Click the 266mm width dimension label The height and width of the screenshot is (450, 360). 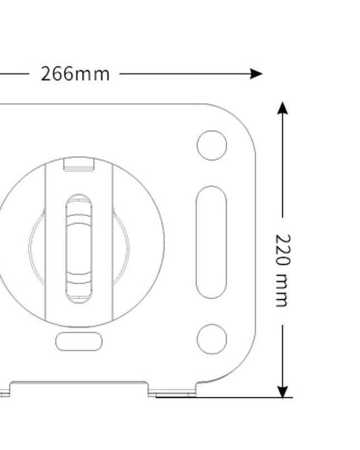tap(75, 74)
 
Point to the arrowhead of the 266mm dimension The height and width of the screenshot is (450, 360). tap(256, 74)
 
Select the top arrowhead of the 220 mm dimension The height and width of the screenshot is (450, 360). tap(283, 108)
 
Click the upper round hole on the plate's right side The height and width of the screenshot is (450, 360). tap(212, 145)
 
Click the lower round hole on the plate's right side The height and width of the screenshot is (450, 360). tap(212, 339)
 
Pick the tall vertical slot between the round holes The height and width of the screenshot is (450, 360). tap(212, 242)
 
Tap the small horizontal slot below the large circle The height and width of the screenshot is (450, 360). tap(79, 342)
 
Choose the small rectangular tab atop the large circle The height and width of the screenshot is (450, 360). tap(79, 164)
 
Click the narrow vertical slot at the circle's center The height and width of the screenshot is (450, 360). tap(79, 249)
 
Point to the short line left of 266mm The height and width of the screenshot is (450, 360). tap(14, 74)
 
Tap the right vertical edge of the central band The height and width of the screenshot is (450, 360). tap(113, 242)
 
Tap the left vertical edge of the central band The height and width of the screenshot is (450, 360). tap(45, 242)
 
